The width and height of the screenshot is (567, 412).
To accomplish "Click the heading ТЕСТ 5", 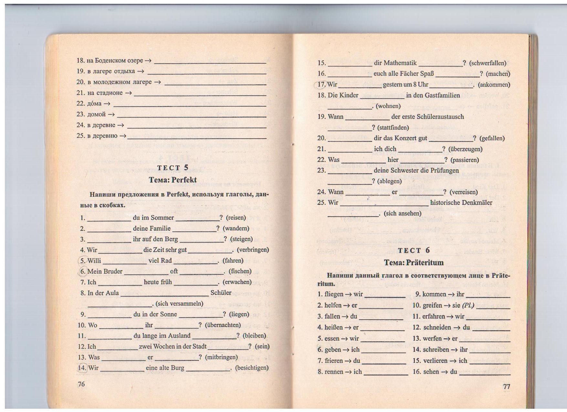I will [173, 168].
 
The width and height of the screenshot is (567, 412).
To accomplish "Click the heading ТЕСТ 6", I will [414, 250].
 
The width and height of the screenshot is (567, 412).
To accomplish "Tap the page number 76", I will [81, 384].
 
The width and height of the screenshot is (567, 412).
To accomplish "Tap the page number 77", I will [506, 386].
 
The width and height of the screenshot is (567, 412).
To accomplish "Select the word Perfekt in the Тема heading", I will [184, 180].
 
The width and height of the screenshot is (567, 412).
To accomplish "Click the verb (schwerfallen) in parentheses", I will [488, 63].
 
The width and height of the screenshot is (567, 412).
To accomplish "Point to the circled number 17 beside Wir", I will [321, 85].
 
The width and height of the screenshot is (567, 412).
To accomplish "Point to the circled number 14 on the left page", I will [82, 368].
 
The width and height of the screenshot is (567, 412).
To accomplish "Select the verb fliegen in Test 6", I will [334, 294].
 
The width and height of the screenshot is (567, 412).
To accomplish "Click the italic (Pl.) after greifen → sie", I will [468, 305].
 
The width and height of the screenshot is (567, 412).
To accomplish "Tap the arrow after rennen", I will [348, 372].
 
